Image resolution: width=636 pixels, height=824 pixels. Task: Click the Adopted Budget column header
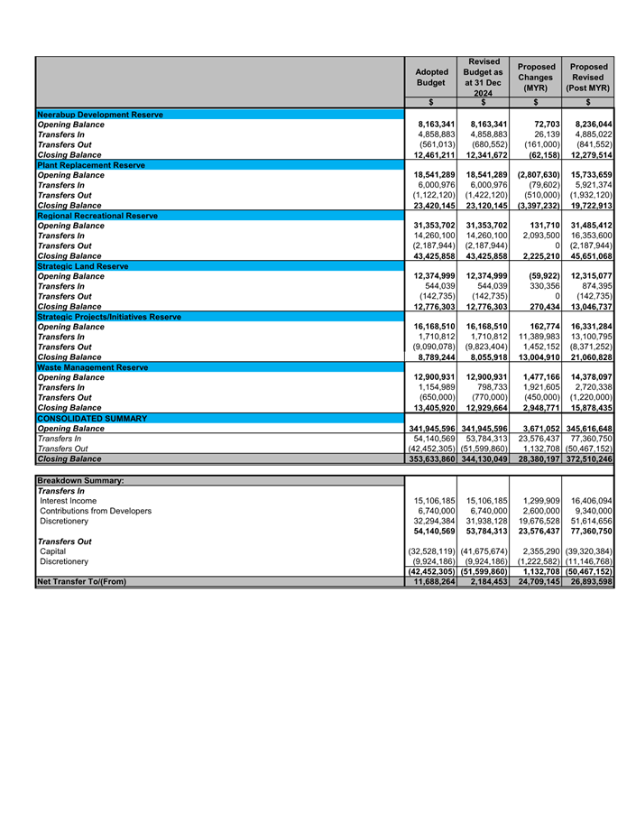429,77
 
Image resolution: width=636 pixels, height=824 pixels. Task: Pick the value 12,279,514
591,155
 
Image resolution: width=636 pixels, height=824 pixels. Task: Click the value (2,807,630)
539,175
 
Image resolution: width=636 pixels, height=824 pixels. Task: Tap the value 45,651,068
591,256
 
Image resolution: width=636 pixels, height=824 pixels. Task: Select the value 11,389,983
539,337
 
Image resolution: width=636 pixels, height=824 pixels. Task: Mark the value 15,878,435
591,408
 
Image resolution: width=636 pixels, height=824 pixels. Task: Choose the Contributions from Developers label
96,510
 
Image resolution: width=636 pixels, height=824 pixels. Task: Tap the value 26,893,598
591,581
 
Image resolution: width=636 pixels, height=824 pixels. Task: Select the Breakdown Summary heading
80,480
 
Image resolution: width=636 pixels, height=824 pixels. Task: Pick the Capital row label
53,551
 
